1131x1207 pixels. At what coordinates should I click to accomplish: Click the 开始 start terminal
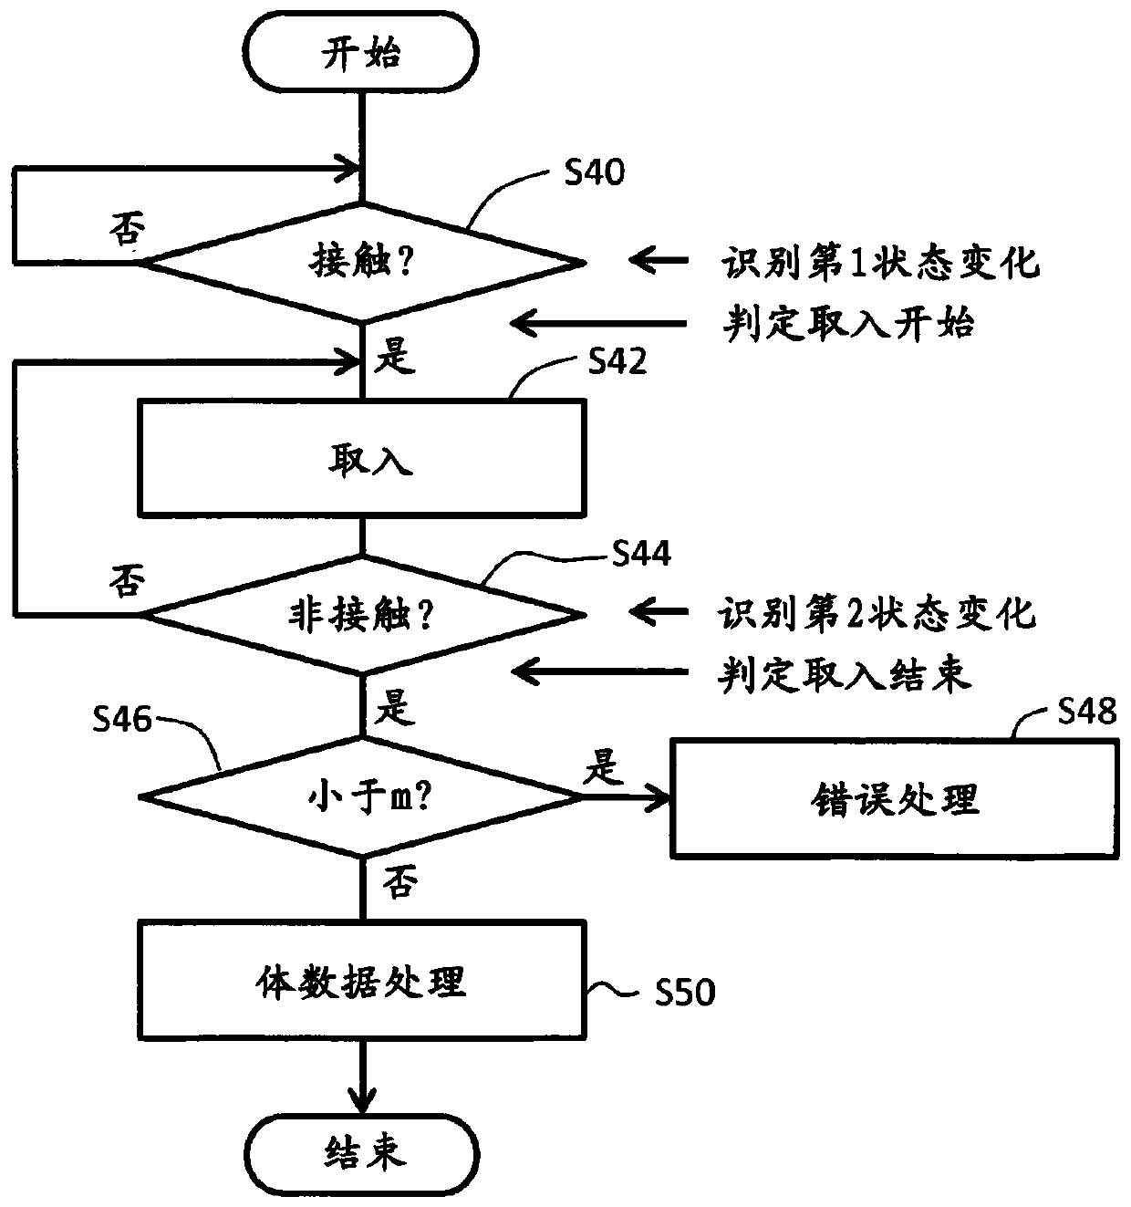click(360, 52)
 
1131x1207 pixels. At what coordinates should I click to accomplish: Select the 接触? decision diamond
click(363, 263)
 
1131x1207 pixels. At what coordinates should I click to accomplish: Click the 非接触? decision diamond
click(363, 614)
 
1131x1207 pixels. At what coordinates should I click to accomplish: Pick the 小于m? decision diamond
click(361, 796)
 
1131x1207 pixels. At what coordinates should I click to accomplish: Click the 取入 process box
click(362, 458)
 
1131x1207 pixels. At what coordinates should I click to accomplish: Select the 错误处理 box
click(895, 798)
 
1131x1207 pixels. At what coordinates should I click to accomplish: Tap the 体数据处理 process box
click(362, 981)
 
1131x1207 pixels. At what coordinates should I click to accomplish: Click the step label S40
click(594, 172)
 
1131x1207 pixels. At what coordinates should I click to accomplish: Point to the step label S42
click(617, 361)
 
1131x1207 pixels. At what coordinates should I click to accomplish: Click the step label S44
click(641, 553)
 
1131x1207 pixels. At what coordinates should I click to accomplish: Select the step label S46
click(121, 720)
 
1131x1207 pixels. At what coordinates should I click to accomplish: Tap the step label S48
click(1087, 711)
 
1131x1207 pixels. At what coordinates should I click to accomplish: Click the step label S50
click(685, 993)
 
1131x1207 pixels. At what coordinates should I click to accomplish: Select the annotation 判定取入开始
click(848, 323)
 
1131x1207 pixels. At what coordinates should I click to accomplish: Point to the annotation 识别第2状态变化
click(877, 612)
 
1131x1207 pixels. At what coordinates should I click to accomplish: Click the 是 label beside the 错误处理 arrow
click(604, 766)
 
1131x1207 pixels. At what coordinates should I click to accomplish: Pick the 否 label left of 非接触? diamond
click(127, 580)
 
